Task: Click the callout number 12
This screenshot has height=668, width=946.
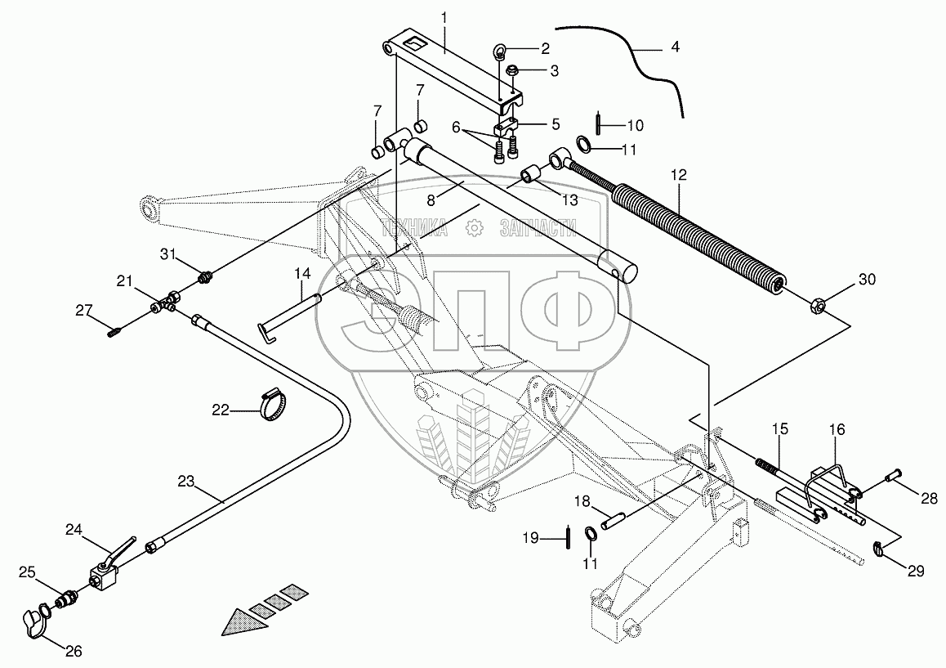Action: (x=678, y=175)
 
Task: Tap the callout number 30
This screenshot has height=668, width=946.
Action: (x=867, y=280)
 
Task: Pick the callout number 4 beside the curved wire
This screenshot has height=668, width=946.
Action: (x=675, y=47)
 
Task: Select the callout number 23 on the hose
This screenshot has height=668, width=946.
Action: (x=185, y=482)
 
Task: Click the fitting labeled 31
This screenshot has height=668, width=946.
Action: (x=205, y=279)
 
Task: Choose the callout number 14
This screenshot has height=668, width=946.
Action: (x=302, y=274)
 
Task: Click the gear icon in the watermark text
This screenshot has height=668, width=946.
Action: (x=473, y=228)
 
